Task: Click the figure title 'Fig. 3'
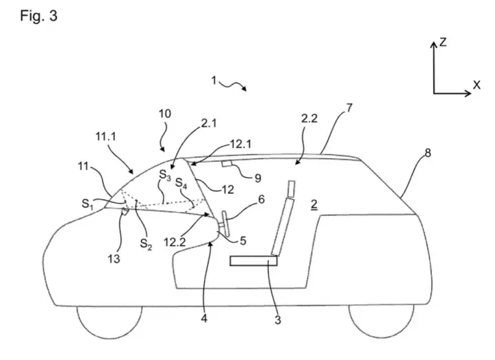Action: coord(38,16)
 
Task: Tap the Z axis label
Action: coord(443,42)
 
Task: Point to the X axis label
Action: coord(476,85)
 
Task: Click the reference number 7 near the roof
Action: coord(349,109)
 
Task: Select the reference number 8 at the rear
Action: coord(428,153)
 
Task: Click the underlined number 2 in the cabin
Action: coord(313,205)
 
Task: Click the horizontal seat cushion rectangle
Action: coord(254,261)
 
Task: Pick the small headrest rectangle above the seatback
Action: coord(291,189)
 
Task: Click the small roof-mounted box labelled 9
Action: coord(227,164)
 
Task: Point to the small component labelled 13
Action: coord(125,212)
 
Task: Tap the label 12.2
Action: coord(175,243)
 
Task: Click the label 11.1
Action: coord(106,136)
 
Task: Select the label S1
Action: coord(87,204)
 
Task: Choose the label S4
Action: coord(181,183)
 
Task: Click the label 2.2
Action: coord(309,118)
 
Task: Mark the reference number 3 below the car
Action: coord(278,320)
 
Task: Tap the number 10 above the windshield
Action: coord(165,113)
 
